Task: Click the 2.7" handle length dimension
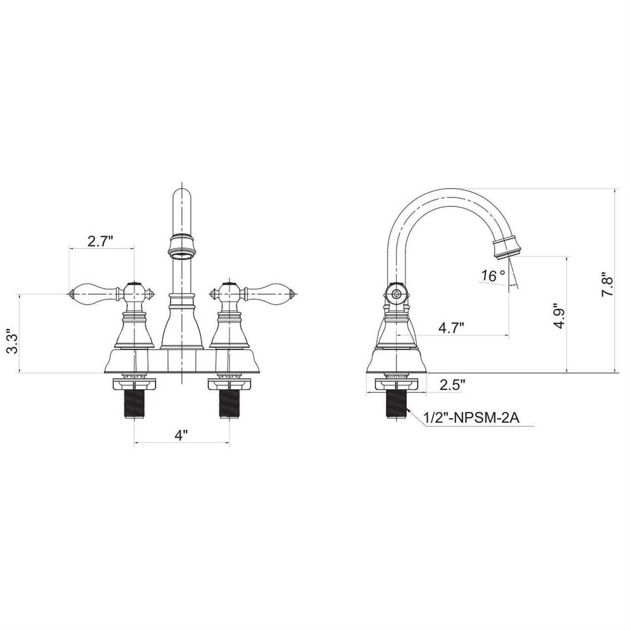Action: click(101, 241)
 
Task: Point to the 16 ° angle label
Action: click(493, 276)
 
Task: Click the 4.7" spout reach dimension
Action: click(451, 327)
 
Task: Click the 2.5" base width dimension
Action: click(452, 384)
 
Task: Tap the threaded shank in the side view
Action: click(397, 403)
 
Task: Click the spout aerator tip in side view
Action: click(508, 248)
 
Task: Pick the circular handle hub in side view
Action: click(395, 294)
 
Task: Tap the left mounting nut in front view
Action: click(135, 384)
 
